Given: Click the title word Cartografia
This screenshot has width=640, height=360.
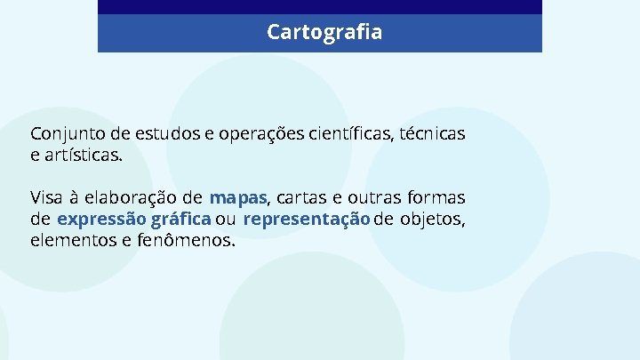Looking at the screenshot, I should [x=324, y=33].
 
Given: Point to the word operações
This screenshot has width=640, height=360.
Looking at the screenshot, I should [x=260, y=134].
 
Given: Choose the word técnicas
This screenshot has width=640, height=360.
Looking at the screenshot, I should [x=432, y=134].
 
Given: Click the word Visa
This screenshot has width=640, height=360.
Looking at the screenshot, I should [x=46, y=196].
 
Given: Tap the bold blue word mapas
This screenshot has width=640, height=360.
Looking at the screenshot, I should [x=238, y=196].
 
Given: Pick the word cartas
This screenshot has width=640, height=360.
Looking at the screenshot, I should [x=304, y=196].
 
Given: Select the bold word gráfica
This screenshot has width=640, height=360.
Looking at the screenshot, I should [x=181, y=219].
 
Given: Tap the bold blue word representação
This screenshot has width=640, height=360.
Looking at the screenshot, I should [x=306, y=219].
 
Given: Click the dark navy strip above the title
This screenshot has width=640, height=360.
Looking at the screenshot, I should [x=320, y=6].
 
